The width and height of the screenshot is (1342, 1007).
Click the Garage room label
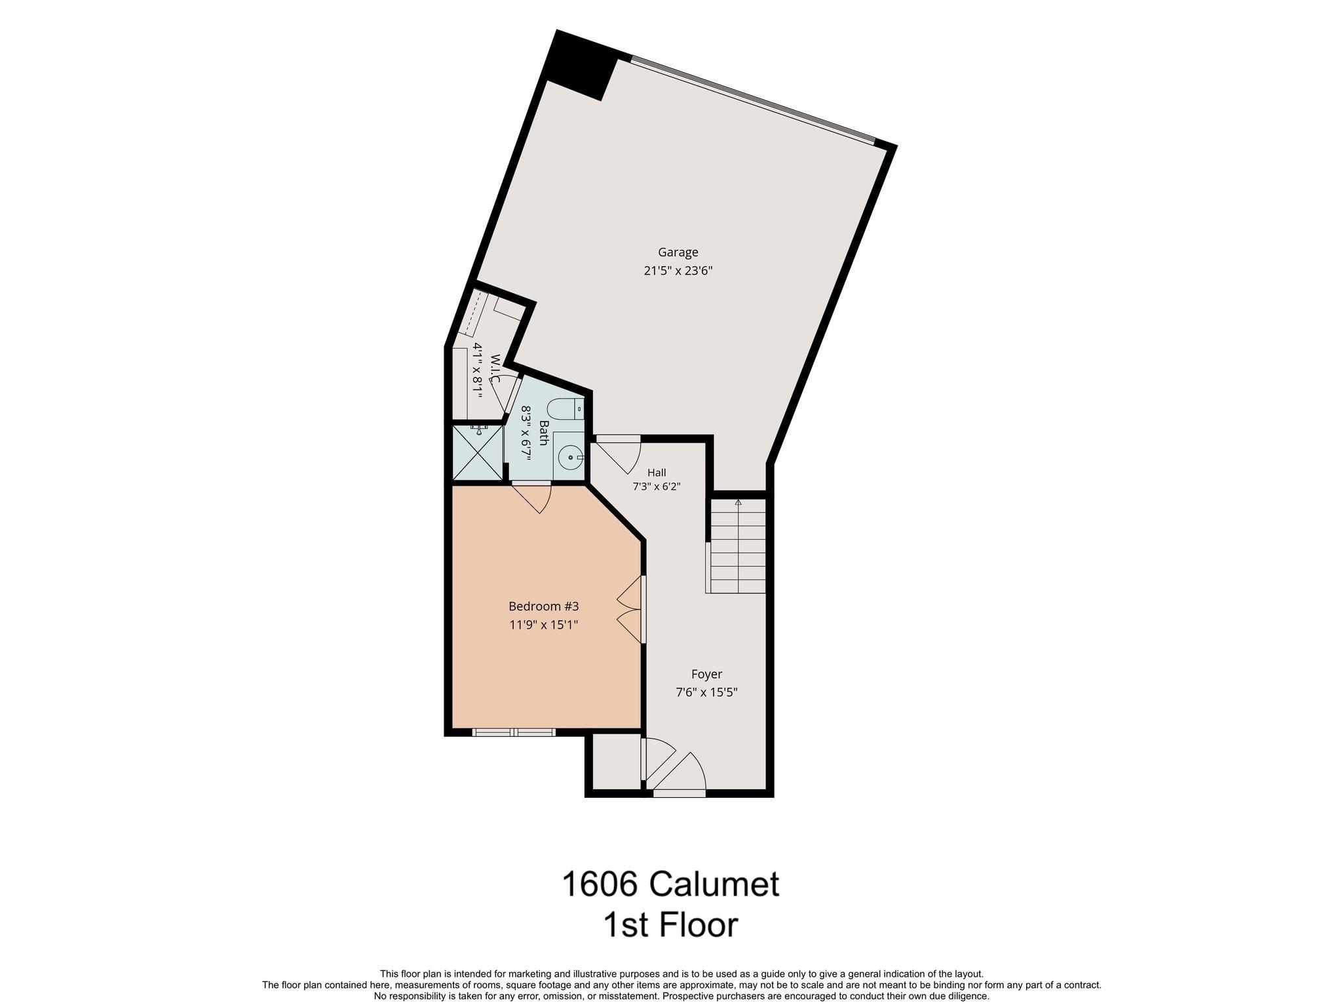(x=678, y=252)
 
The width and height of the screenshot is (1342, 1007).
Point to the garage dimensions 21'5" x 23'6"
(x=678, y=271)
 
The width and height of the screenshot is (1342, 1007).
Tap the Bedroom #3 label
(x=544, y=606)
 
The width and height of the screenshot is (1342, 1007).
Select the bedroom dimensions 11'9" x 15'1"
(x=544, y=625)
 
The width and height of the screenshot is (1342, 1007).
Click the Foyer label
(x=707, y=674)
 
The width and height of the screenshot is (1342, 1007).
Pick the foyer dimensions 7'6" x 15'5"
(x=707, y=692)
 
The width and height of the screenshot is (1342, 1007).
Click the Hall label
(x=657, y=473)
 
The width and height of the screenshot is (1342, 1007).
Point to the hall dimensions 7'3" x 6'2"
(x=657, y=487)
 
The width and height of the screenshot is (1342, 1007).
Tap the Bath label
(x=544, y=433)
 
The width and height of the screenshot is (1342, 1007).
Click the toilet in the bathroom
(x=564, y=409)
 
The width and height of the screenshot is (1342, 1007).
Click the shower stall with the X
(x=478, y=453)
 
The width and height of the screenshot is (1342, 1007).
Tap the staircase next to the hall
(x=737, y=545)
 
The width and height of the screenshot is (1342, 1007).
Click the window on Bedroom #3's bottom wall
(x=513, y=732)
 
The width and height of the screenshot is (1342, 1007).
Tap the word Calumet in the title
(x=715, y=884)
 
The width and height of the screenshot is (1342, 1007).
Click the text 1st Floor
(x=670, y=925)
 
